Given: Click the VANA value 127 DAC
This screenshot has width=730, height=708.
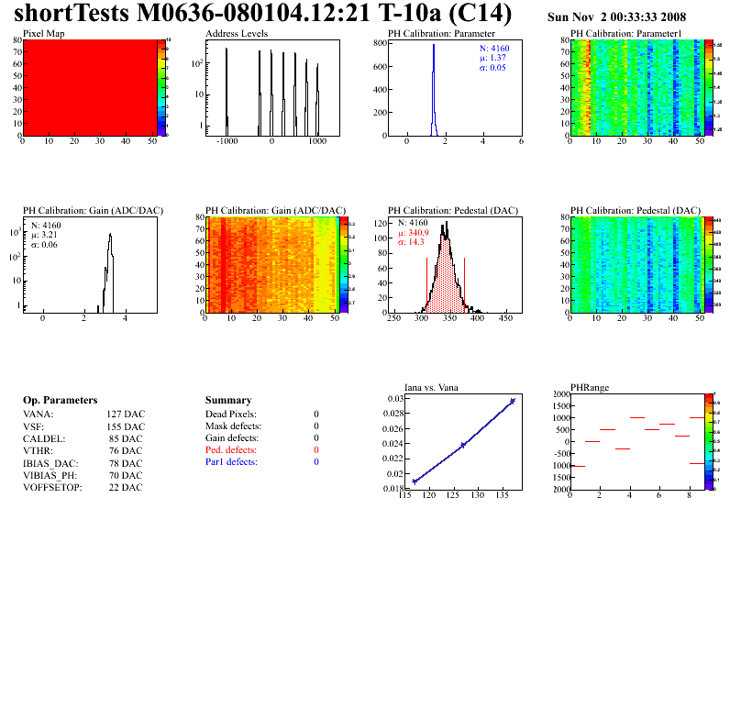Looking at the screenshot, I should tap(126, 415).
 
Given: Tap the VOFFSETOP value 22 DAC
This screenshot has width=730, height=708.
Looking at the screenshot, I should tap(126, 487).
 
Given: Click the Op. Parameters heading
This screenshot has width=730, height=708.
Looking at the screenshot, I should tap(60, 401).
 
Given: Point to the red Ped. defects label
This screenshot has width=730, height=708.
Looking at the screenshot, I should tap(231, 450).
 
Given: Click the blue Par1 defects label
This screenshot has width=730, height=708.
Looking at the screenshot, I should tap(231, 462).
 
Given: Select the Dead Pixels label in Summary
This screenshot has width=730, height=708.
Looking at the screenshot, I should tap(231, 415).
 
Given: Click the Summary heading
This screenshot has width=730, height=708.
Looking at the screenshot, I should tap(228, 401).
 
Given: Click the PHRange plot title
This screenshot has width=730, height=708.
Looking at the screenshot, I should tap(587, 387).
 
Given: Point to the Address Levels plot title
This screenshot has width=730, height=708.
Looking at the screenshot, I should tap(237, 33).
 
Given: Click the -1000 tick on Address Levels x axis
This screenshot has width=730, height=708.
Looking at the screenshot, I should tap(226, 143).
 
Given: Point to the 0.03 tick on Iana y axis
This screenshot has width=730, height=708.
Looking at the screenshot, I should tap(395, 399).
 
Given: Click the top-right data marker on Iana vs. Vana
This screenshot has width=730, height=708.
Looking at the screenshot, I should tap(513, 401).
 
